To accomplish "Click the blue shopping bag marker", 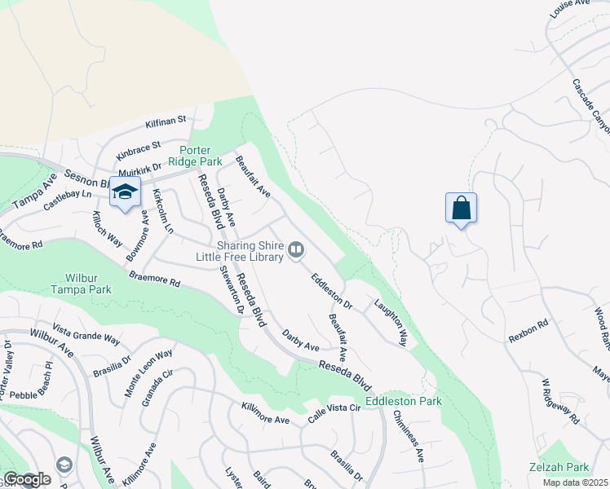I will (x=461, y=208).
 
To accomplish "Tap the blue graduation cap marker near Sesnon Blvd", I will (x=125, y=193).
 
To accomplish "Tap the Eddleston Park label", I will (x=403, y=401).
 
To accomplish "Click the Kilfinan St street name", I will (x=166, y=122).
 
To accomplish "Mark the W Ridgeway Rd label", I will (x=560, y=401).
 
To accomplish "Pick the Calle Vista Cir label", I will (x=334, y=412).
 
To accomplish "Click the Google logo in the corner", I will (x=26, y=480).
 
